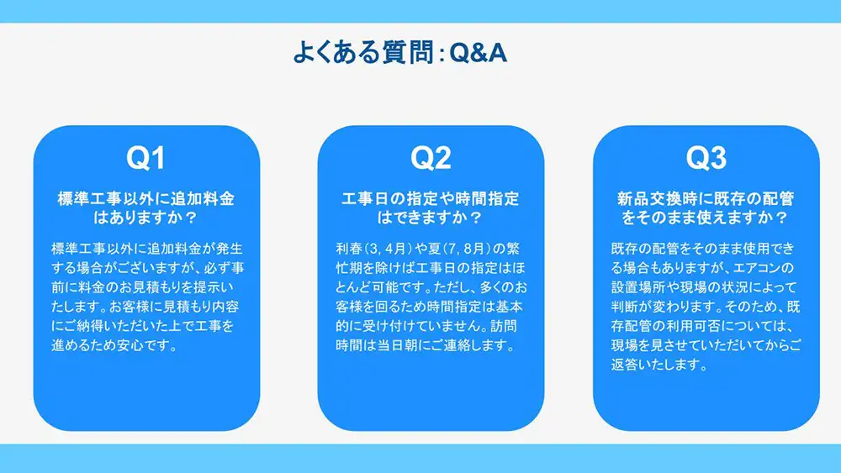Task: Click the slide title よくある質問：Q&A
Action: click(399, 54)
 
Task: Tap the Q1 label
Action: click(145, 159)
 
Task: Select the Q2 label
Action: click(431, 159)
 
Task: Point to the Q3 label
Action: click(706, 159)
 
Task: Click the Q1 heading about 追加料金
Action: click(145, 208)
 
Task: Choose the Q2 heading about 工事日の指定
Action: click(431, 208)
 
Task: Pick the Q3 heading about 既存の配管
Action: click(706, 208)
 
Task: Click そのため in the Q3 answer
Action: click(748, 307)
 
